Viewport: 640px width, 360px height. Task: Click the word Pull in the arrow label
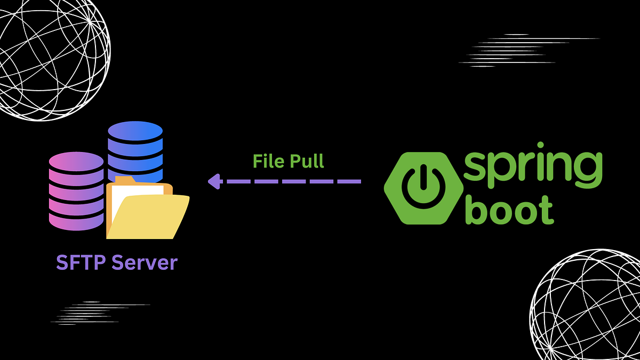(307, 161)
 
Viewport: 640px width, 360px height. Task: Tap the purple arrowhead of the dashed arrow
(214, 181)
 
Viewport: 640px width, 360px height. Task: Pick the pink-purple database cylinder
(76, 192)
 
